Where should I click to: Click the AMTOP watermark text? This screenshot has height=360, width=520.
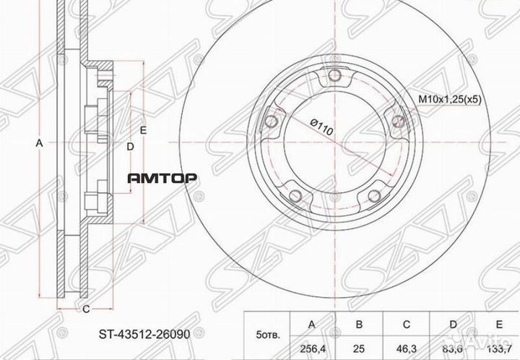(x=163, y=178)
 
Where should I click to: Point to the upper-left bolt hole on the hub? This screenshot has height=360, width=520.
(x=272, y=122)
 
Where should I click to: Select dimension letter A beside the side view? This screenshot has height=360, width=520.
(x=40, y=144)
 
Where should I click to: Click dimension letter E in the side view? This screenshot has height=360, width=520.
(x=143, y=130)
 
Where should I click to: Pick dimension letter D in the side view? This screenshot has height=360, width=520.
(x=129, y=147)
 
